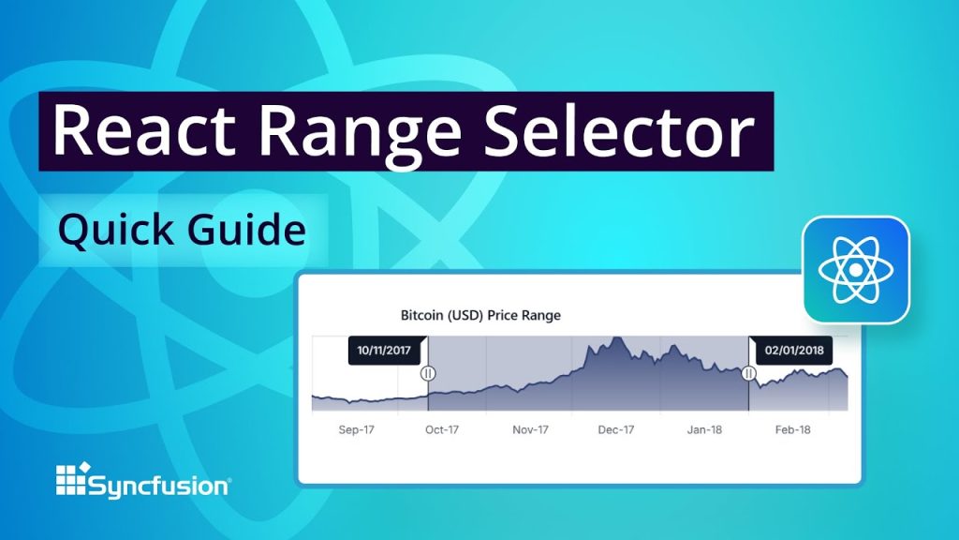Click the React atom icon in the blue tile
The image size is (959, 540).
856,270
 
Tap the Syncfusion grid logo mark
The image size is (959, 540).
72,479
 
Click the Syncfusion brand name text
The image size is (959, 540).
158,486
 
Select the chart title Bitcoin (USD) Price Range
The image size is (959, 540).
480,315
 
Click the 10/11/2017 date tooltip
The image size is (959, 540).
384,351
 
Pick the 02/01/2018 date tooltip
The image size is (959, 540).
792,351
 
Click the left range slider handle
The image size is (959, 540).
428,373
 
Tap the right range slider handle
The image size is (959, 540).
749,373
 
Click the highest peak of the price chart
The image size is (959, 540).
615,338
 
